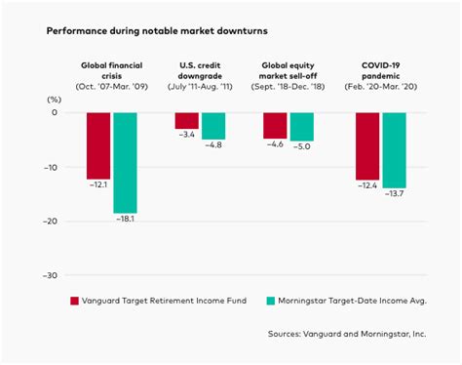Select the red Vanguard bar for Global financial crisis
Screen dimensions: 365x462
[98, 144]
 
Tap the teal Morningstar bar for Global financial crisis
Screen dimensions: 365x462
[125, 162]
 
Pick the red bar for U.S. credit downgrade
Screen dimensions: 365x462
[187, 121]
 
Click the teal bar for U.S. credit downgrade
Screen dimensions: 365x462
[213, 125]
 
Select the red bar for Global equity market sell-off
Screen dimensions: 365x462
[276, 125]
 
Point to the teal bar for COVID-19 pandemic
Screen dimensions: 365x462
[393, 150]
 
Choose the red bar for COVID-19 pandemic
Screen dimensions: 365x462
[366, 146]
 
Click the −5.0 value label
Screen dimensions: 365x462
[302, 147]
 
